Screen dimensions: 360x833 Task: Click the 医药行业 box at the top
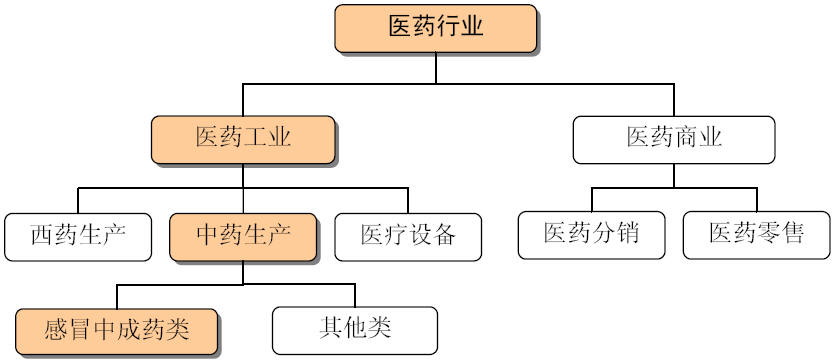[x=435, y=26]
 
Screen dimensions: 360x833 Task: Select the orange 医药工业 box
[x=243, y=137]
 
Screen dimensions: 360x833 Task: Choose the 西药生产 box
[x=78, y=236]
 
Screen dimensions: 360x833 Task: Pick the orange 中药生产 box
[x=243, y=236]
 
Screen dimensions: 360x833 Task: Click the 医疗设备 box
[x=408, y=236]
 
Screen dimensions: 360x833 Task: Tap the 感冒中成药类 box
[x=117, y=329]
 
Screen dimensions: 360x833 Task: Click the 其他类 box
[x=355, y=327]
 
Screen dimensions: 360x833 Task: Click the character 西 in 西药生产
[x=41, y=236]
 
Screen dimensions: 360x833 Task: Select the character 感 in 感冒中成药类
[x=55, y=329]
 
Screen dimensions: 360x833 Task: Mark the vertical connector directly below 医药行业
[x=435, y=68]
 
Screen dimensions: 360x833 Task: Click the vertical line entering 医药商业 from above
[x=673, y=101]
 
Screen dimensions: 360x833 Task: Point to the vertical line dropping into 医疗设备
[x=408, y=200]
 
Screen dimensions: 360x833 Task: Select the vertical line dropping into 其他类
[x=355, y=295]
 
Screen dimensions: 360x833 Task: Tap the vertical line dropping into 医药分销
[x=592, y=199]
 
